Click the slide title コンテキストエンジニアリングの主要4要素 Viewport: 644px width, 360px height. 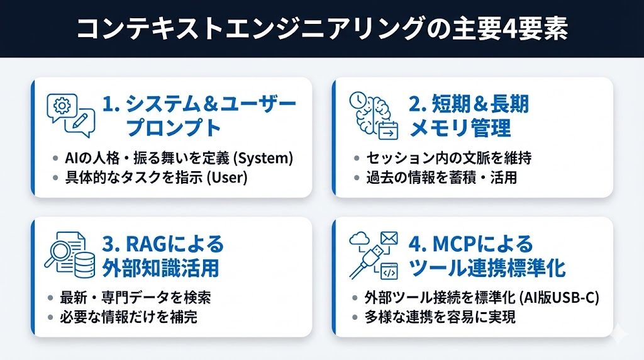point(322,29)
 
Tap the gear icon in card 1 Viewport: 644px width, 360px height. point(62,106)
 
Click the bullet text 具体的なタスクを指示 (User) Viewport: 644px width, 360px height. point(157,177)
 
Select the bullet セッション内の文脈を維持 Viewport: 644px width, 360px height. point(449,158)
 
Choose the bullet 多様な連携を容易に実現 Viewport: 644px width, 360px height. point(440,317)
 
